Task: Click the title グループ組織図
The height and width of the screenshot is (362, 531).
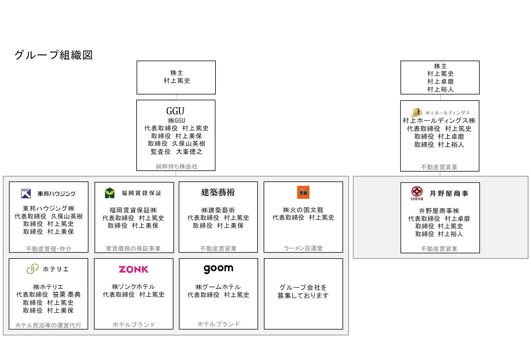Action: pos(54,55)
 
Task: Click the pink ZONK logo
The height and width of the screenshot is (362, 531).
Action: pos(134,270)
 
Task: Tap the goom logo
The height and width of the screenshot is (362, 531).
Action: pos(218,269)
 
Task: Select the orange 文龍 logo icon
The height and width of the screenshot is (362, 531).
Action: pos(303,192)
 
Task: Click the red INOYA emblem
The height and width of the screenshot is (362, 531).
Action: pos(417,192)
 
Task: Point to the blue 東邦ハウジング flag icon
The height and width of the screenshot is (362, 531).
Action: pos(26,193)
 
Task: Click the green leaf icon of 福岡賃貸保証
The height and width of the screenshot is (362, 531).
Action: pos(110,193)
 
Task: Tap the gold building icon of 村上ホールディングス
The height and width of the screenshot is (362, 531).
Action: pos(416,112)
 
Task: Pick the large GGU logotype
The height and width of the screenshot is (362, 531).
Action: pos(175,111)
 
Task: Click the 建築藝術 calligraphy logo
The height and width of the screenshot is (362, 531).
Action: pos(218,192)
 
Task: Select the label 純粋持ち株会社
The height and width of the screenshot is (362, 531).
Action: pos(177,166)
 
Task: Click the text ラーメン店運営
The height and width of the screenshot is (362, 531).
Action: pos(303,248)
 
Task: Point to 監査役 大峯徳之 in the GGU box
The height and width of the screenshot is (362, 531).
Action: pos(177,152)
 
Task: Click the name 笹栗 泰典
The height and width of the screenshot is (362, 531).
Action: pos(67,294)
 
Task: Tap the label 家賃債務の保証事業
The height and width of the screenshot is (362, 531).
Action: pos(133,248)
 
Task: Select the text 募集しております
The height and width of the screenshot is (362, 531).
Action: pos(303,296)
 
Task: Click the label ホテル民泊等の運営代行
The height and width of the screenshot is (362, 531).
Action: pos(48,325)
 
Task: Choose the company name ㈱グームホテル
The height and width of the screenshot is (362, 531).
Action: pos(218,287)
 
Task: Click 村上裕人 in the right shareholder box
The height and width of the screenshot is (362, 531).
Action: pos(440,89)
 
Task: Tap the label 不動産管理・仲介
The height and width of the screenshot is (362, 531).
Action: pos(49,249)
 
